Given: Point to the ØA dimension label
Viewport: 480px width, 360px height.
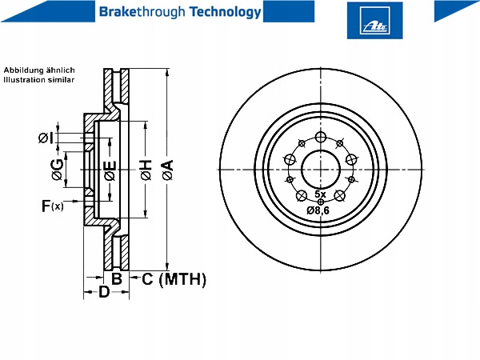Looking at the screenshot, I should coord(166,170).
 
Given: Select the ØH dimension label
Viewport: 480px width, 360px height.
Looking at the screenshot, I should coord(145,170).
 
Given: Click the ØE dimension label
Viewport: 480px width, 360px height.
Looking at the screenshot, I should coord(110,170).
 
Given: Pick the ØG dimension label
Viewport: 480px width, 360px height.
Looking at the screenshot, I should coord(56,169).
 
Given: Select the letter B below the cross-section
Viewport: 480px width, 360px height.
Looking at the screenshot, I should coord(116,279).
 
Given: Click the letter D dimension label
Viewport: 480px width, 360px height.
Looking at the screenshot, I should coord(103,293).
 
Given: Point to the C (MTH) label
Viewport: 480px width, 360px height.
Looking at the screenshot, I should coord(174,279).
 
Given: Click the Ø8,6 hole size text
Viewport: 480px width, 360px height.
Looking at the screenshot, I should coord(318,210).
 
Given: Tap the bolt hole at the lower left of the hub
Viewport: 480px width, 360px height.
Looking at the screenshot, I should coord(302,196).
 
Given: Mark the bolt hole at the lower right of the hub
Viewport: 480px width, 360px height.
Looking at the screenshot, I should coord(340,196).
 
